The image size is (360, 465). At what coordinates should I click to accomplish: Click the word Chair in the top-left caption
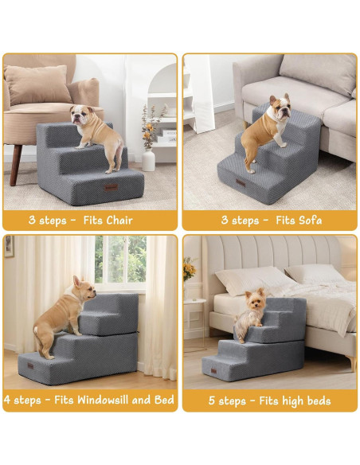coord(119,220)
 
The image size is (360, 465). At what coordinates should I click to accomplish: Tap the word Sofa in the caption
coord(307,220)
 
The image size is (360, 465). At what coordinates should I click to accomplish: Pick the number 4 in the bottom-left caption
coord(9,400)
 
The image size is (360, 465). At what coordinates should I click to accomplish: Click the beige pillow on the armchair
coord(37,84)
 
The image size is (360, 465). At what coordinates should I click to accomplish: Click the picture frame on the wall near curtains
coord(9,246)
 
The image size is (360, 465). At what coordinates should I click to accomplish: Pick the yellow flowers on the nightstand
coord(190,271)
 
